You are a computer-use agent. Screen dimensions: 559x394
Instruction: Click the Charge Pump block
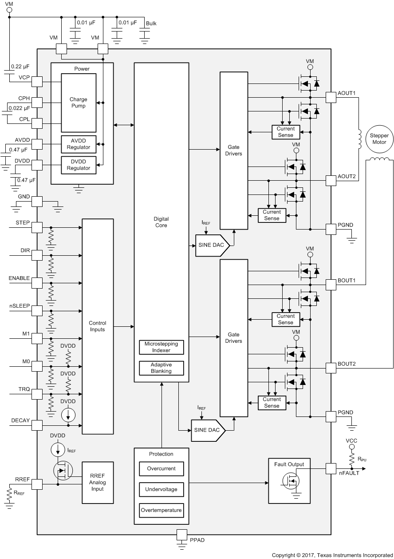click(79, 103)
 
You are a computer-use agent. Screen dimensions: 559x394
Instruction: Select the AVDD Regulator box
click(79, 144)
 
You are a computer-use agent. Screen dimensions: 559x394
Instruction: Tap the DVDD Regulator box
click(79, 165)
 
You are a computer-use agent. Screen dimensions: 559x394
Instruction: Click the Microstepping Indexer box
click(161, 347)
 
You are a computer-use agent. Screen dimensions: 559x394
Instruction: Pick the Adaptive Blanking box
click(161, 368)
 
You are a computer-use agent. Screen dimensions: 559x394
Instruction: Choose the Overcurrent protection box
click(161, 468)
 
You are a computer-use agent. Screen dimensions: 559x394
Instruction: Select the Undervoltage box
click(161, 489)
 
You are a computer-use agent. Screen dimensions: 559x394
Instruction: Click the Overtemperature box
click(161, 510)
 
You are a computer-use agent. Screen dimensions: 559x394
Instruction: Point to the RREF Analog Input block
click(98, 483)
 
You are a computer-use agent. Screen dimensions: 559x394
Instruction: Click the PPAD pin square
click(182, 535)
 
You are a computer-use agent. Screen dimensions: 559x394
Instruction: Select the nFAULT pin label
click(349, 473)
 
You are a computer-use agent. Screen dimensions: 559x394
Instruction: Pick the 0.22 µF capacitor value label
click(20, 67)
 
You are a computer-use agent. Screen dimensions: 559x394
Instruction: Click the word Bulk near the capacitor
click(151, 24)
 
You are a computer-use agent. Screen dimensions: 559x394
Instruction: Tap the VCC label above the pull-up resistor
click(351, 441)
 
